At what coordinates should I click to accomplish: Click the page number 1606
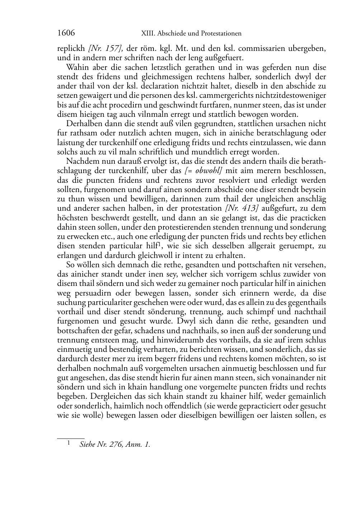(x=66, y=33)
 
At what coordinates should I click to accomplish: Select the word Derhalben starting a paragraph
(x=81, y=124)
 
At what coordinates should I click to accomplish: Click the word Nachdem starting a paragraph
(x=80, y=162)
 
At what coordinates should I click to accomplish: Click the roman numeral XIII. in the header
(x=145, y=34)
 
